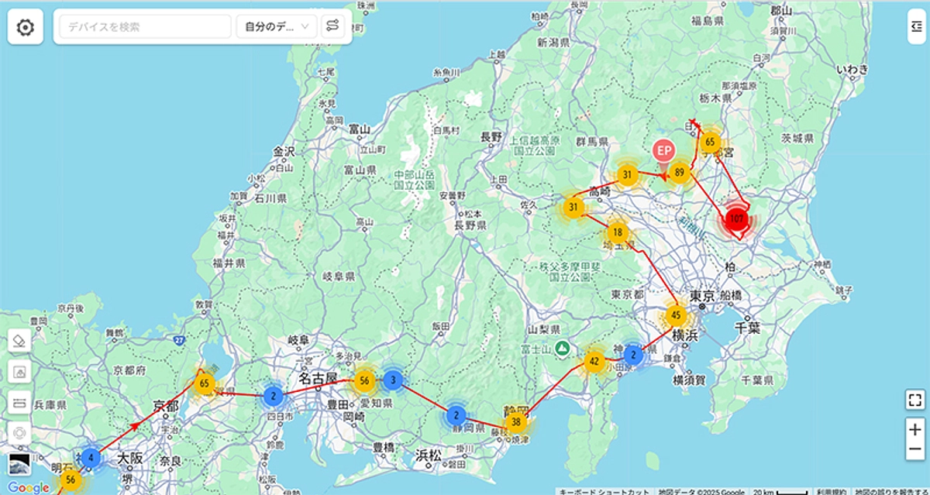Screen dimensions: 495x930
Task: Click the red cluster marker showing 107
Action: click(737, 219)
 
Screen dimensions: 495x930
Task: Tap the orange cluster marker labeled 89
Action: click(680, 173)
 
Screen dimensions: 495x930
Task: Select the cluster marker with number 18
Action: click(618, 232)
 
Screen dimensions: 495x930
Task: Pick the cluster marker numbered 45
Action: click(676, 315)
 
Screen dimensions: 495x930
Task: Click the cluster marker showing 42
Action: click(594, 361)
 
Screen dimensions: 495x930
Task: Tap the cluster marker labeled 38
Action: click(516, 422)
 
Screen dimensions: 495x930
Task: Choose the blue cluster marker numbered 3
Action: click(393, 380)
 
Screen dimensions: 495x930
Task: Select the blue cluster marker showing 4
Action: click(91, 458)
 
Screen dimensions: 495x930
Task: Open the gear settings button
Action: click(26, 28)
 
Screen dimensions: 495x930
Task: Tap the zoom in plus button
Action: click(915, 429)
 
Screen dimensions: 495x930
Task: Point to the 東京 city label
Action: click(701, 295)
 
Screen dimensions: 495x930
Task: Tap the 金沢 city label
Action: click(284, 151)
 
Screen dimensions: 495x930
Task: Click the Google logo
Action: click(29, 487)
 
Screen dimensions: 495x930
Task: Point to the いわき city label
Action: click(852, 70)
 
